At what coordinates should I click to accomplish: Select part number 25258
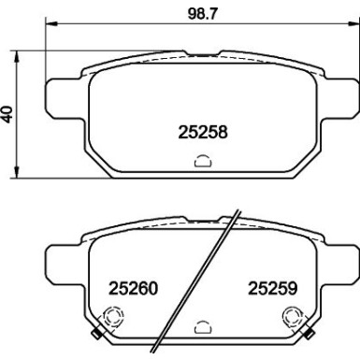[x=203, y=133]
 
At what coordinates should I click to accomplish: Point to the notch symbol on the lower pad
[x=201, y=328]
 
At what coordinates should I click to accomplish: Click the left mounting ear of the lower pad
[x=64, y=259]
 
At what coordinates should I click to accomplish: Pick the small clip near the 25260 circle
[x=97, y=334]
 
